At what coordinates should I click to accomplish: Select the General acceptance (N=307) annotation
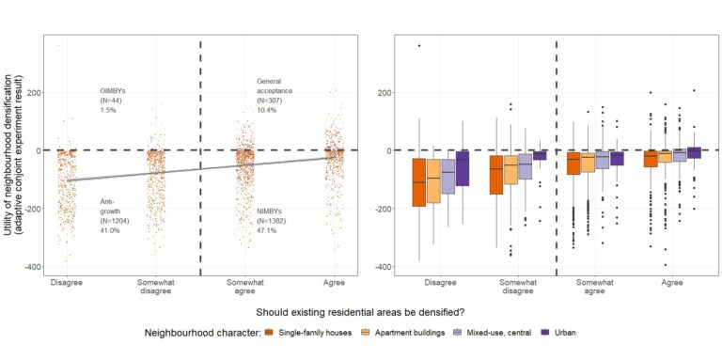(x=275, y=95)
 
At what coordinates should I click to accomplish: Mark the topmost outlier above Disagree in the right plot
(x=418, y=46)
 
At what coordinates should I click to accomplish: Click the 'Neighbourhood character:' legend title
(x=201, y=333)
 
